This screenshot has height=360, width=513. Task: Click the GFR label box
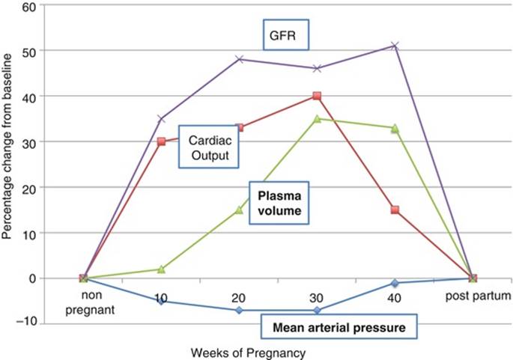click(286, 34)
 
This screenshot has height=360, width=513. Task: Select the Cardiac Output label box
click(209, 147)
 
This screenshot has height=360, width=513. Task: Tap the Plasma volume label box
click(279, 203)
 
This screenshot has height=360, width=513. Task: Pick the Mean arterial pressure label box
click(339, 326)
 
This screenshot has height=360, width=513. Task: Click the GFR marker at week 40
click(395, 46)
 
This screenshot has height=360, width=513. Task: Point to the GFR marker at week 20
click(239, 59)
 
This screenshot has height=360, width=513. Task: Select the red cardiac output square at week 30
click(317, 96)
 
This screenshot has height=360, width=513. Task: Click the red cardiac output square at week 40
click(395, 210)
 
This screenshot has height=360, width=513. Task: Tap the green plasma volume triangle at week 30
click(317, 119)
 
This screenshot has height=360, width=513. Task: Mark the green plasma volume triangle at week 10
click(161, 269)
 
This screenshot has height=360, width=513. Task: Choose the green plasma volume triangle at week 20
click(239, 210)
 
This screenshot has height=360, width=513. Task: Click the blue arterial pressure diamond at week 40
click(395, 283)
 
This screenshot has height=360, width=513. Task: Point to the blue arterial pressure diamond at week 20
click(239, 310)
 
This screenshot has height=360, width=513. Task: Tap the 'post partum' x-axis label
click(479, 296)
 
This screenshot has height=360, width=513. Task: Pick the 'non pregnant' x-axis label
click(91, 302)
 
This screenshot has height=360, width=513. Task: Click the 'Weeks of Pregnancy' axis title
click(248, 353)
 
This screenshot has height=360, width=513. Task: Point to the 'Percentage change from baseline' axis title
click(7, 147)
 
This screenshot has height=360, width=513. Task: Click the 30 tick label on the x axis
click(317, 298)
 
